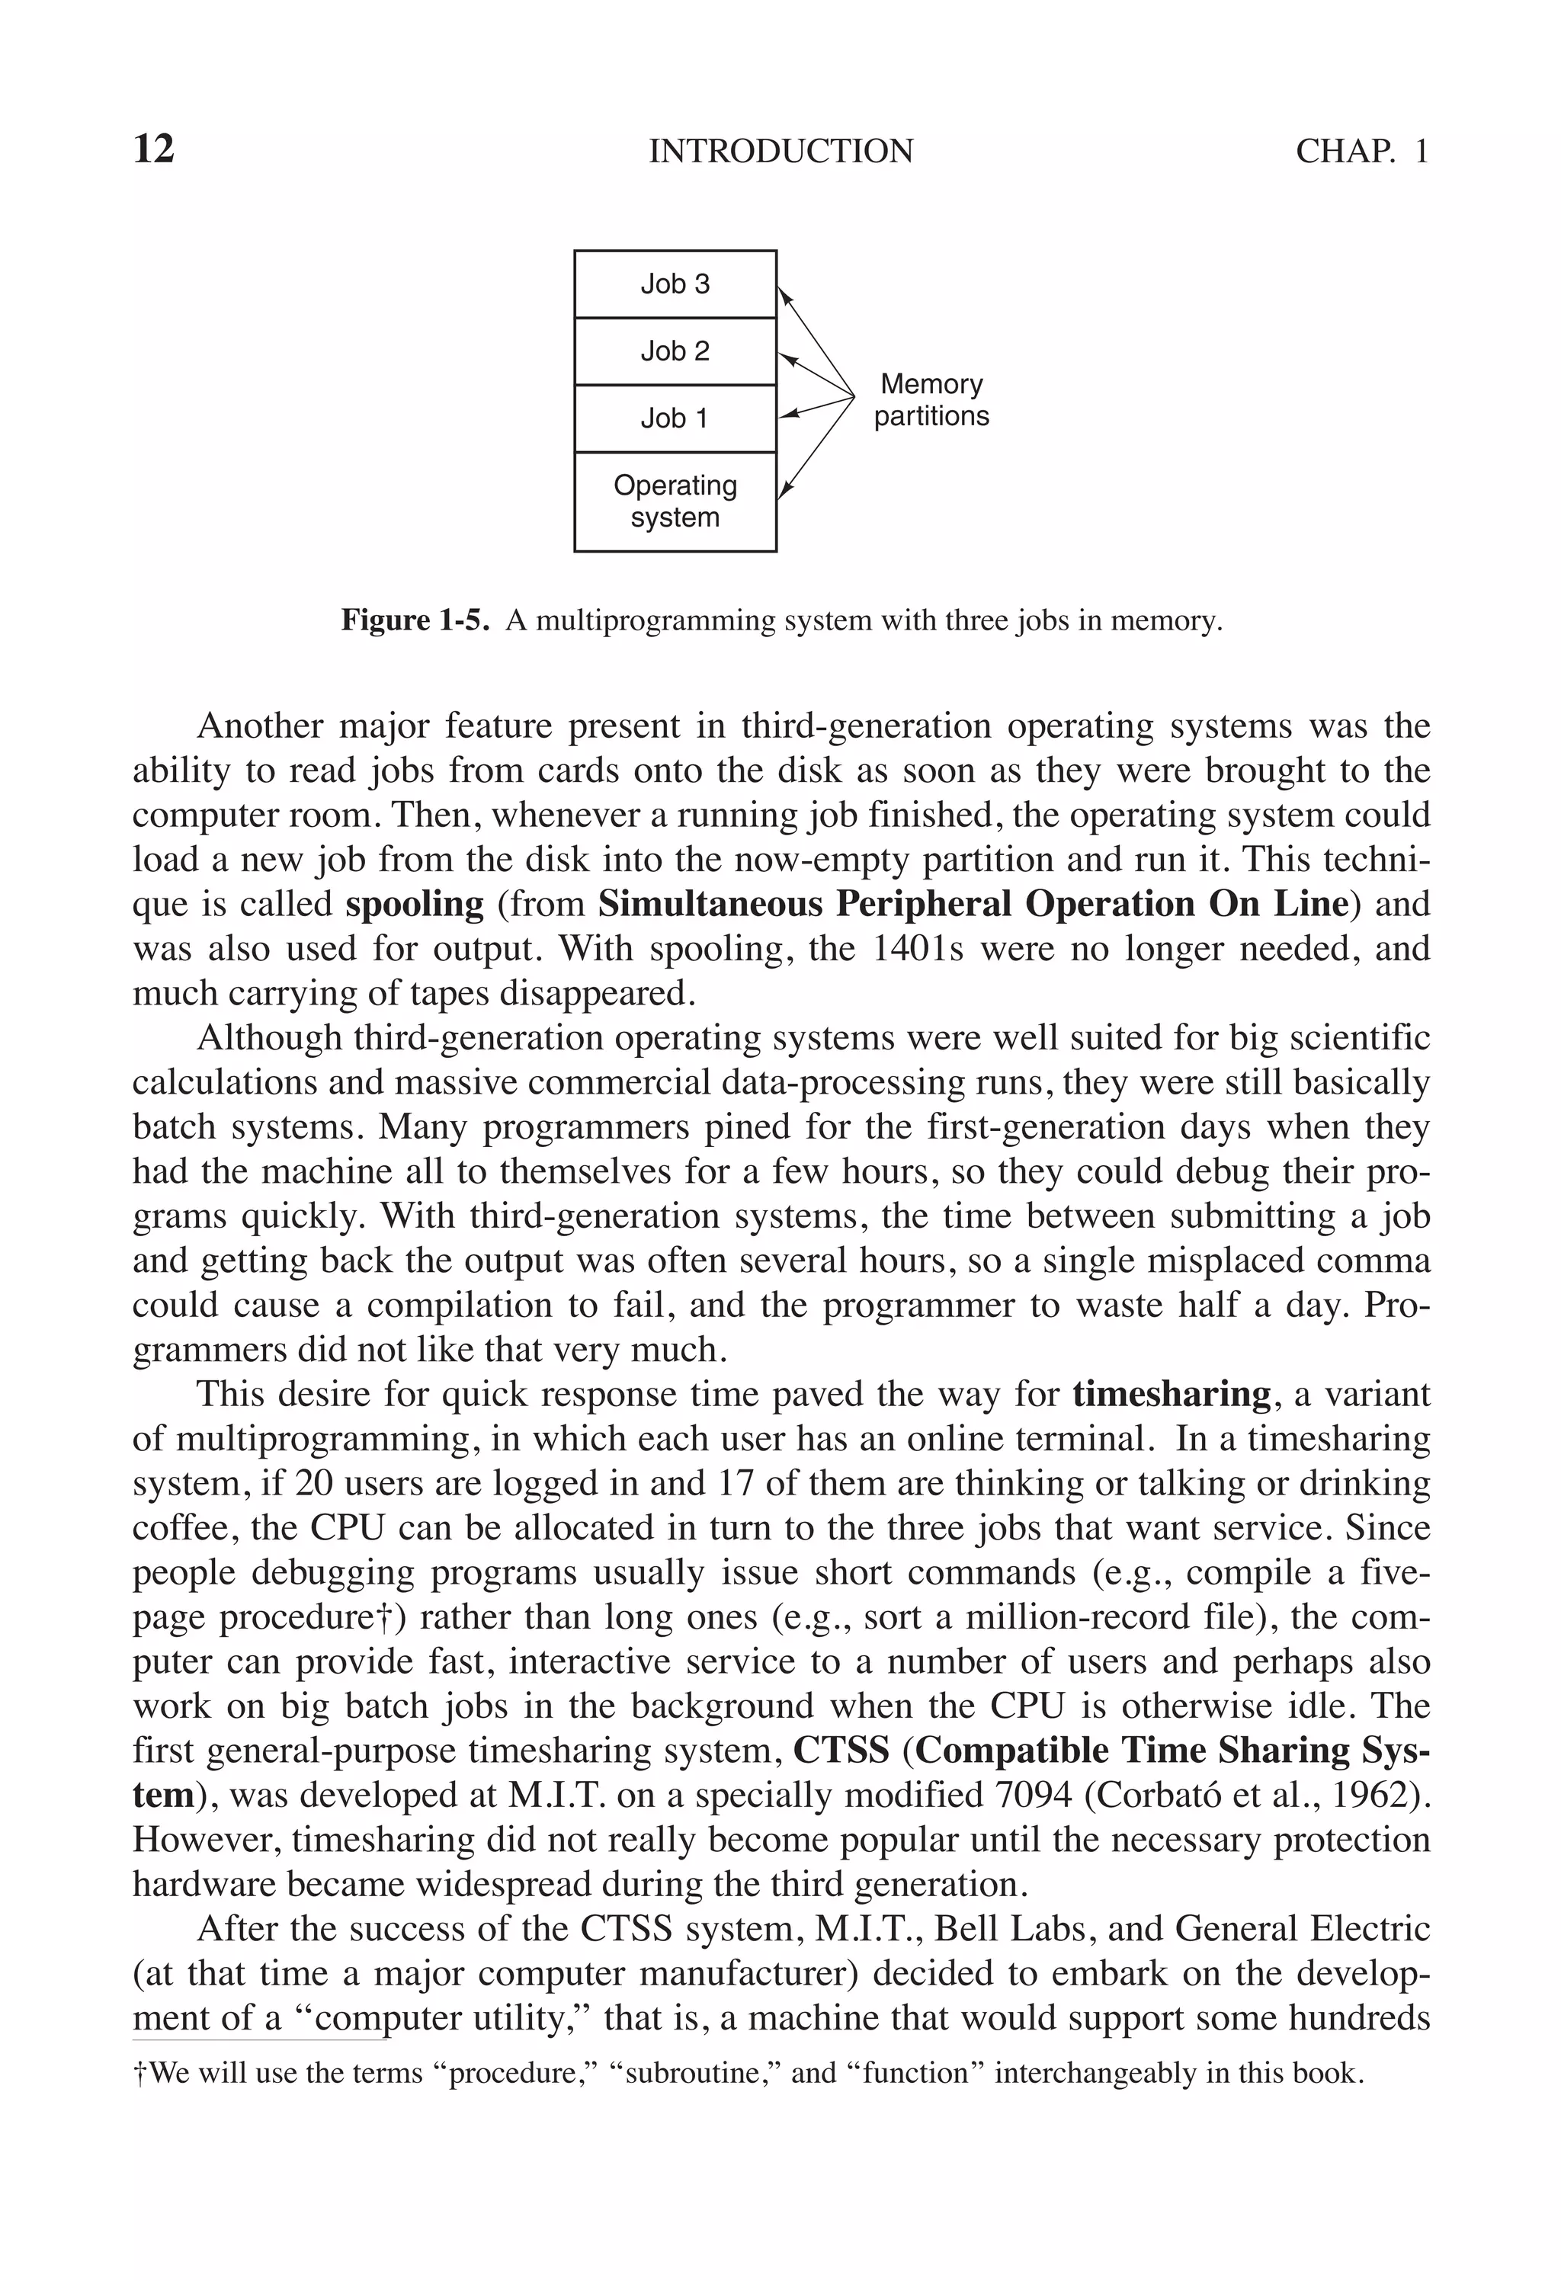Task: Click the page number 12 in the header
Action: coord(153,150)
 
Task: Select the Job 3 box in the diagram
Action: coord(675,284)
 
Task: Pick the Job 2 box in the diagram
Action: coord(675,351)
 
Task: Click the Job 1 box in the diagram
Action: coord(675,418)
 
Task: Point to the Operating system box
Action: coord(675,501)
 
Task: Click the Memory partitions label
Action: coord(931,399)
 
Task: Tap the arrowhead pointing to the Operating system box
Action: coord(784,490)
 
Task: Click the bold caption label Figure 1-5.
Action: coord(415,620)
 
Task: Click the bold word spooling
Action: coord(415,904)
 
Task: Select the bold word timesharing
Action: coord(1172,1394)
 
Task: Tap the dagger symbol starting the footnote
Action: coord(139,2073)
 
